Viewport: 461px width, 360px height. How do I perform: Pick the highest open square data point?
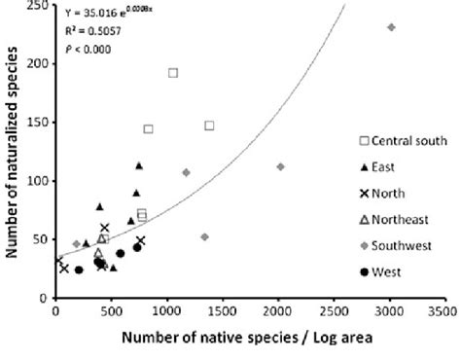[173, 73]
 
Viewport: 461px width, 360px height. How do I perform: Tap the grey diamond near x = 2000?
[280, 167]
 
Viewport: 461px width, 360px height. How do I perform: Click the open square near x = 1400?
[209, 126]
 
